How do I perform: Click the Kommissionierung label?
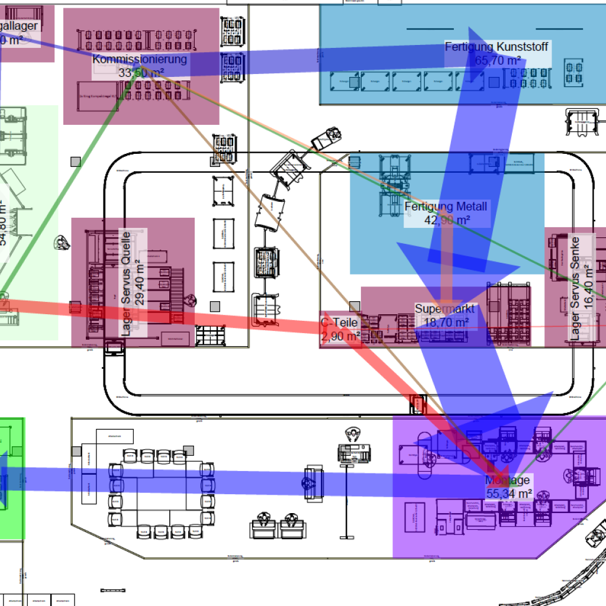point(140,59)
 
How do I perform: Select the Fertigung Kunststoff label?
point(497,46)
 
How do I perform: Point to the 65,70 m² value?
point(498,60)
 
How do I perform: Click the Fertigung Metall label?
point(446,207)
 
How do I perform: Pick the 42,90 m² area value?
point(447,220)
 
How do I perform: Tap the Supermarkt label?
point(444,309)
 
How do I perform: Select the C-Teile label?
point(340,323)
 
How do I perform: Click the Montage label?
point(507,480)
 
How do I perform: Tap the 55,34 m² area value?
point(509,494)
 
